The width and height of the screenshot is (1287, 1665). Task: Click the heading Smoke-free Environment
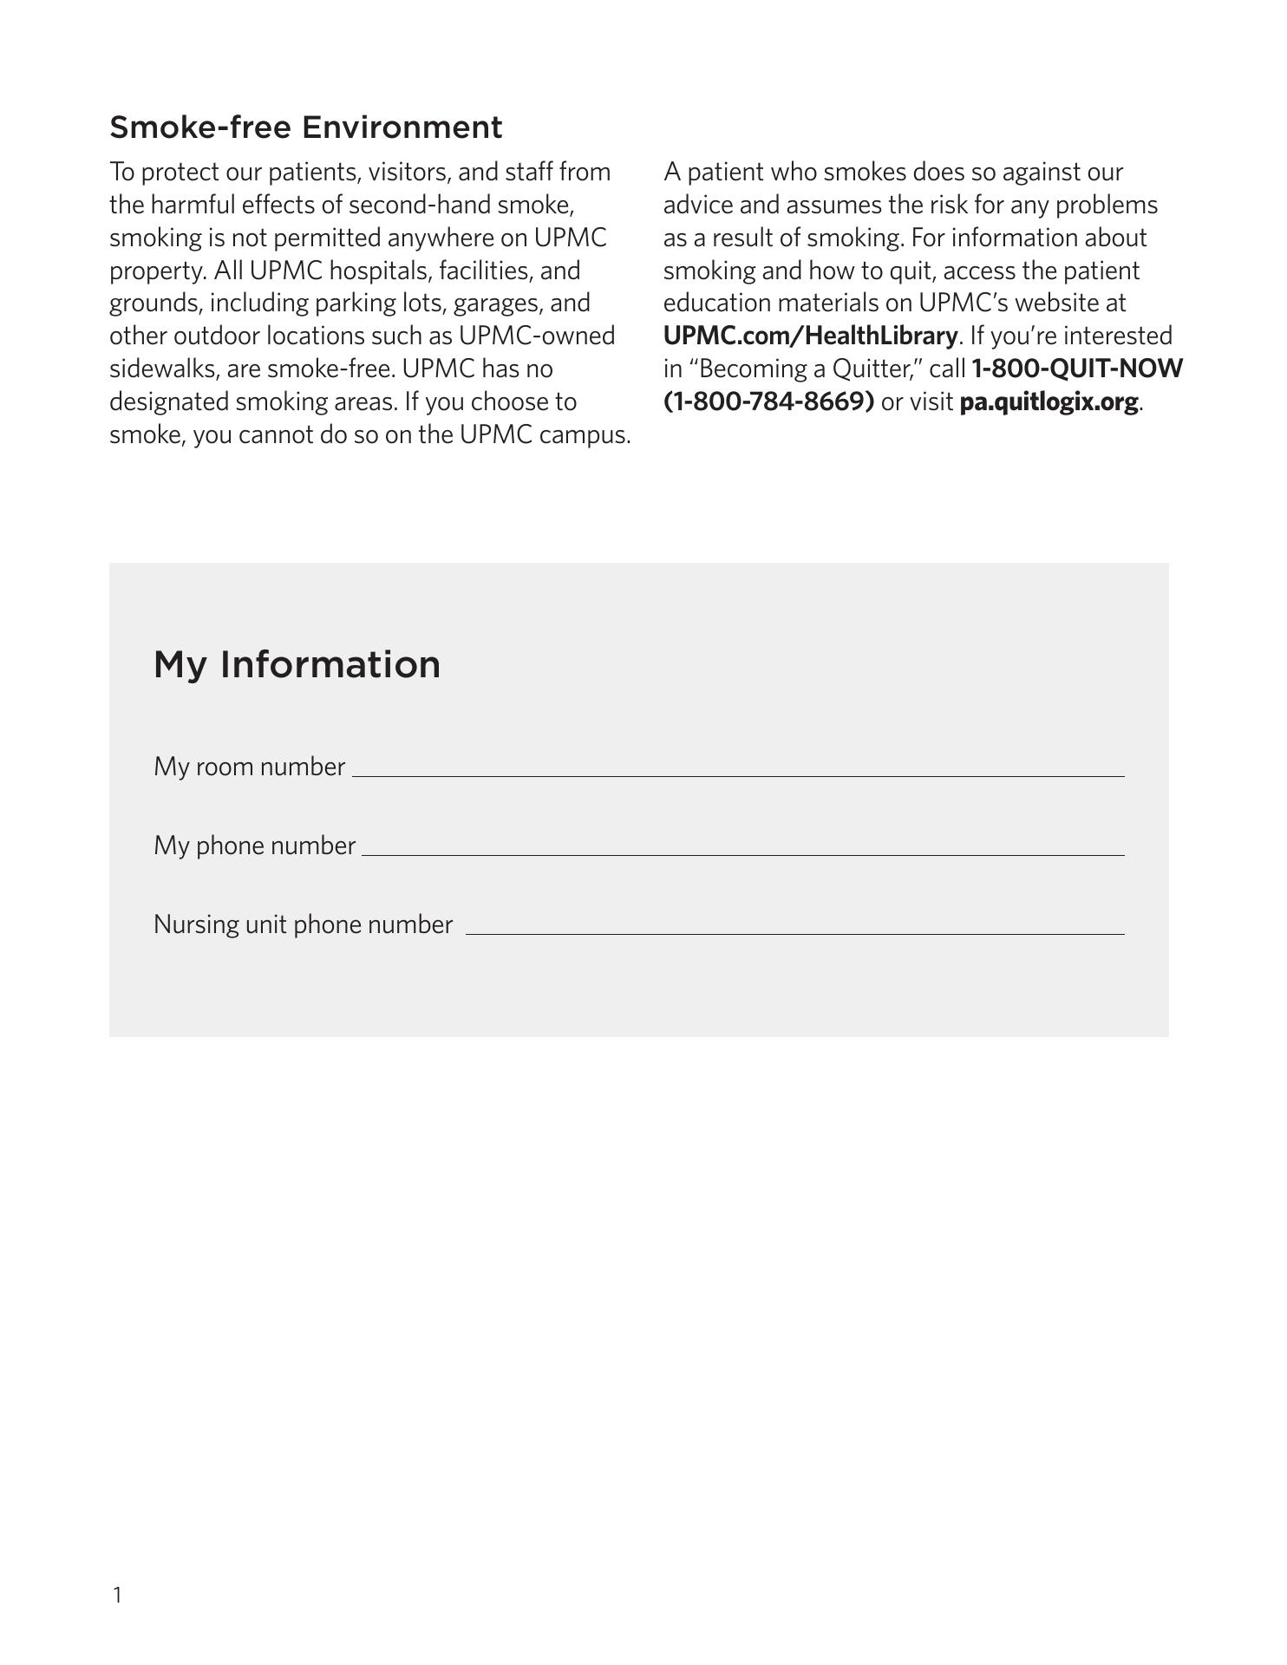pos(305,127)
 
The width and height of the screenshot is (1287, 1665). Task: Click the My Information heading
pos(297,664)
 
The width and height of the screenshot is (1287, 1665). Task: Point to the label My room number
pos(249,767)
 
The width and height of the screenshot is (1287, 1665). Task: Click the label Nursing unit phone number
pos(303,924)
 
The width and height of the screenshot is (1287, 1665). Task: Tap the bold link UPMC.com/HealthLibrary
pos(810,336)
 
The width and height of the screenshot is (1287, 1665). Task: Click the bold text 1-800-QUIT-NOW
pos(1076,369)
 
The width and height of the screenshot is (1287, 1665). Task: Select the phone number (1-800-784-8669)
pos(768,402)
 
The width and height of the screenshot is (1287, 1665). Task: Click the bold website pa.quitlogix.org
pos(1049,402)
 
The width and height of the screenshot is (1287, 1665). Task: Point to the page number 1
pos(117,1594)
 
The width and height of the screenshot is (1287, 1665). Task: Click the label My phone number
pos(254,846)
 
